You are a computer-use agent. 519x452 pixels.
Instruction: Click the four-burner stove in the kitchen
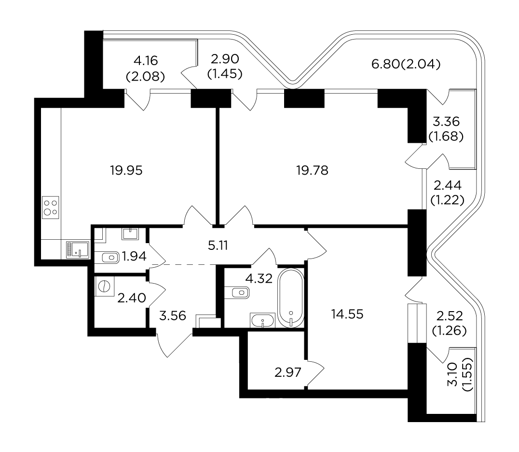(x=51, y=207)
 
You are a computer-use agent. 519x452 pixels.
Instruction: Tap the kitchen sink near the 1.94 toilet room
(x=78, y=250)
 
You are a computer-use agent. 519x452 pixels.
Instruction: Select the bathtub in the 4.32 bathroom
(x=291, y=298)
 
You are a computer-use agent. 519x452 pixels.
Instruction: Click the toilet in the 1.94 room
(x=110, y=257)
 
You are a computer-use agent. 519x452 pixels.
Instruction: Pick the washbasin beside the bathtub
(x=262, y=320)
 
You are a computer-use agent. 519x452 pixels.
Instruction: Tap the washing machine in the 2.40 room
(x=105, y=286)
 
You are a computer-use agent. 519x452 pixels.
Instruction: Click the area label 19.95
(x=126, y=171)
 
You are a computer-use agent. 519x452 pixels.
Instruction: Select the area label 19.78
(x=313, y=171)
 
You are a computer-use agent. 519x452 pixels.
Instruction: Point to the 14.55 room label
(x=347, y=314)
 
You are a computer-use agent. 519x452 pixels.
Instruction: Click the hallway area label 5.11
(x=218, y=246)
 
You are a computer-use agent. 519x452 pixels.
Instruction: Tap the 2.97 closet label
(x=288, y=372)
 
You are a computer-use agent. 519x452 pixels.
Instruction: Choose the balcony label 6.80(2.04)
(x=406, y=64)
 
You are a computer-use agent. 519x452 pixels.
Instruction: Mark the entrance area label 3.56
(x=173, y=315)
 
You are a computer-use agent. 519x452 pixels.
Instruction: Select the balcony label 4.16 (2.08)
(x=146, y=68)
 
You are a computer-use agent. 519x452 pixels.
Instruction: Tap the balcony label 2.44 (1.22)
(x=448, y=192)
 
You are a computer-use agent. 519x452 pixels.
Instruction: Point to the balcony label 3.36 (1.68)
(x=446, y=129)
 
